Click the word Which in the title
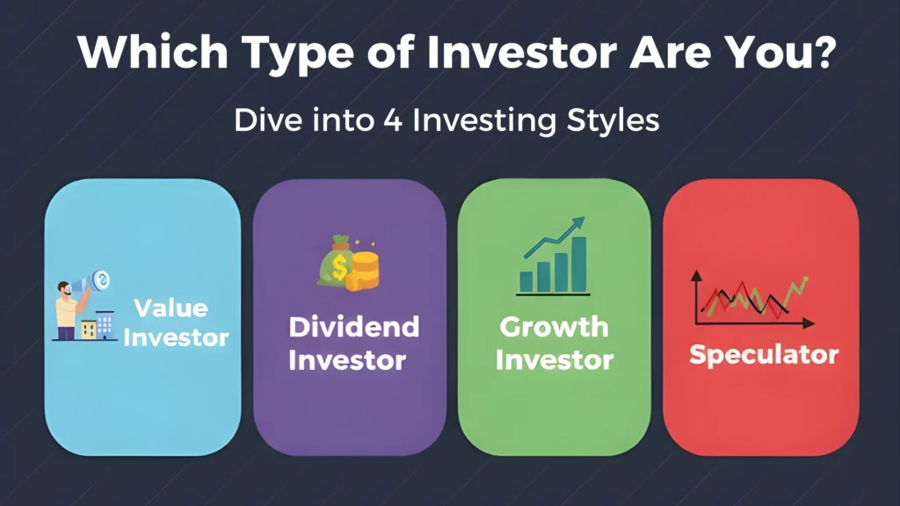[x=153, y=52]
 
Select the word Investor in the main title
[x=521, y=52]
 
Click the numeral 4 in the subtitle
[x=393, y=120]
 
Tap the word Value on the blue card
[x=171, y=308]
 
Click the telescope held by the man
[x=91, y=282]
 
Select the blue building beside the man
[x=105, y=325]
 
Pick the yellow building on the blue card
[x=89, y=330]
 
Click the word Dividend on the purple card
[x=354, y=327]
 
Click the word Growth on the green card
[x=554, y=327]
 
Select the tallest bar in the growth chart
[x=578, y=264]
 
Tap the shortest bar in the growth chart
[x=526, y=282]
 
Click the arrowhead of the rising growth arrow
[x=578, y=223]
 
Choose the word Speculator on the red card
[x=764, y=355]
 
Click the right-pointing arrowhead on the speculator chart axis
[x=809, y=323]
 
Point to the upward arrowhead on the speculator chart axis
[x=696, y=275]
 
